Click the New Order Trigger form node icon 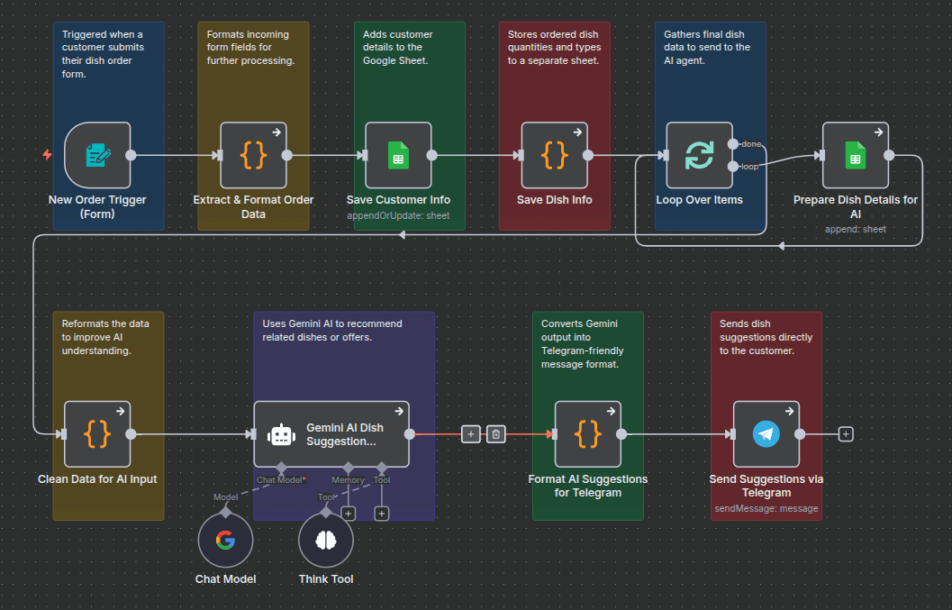point(97,155)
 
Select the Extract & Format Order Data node point(254,155)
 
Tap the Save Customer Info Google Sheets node point(398,155)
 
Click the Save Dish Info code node point(555,155)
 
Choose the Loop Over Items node point(699,155)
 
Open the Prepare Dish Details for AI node point(856,155)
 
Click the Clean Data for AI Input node point(97,433)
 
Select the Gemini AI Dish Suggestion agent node point(331,433)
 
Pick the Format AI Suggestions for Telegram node point(587,433)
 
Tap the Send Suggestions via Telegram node point(766,433)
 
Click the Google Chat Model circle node point(225,541)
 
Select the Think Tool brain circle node point(326,541)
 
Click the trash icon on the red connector point(495,434)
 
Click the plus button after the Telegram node point(845,434)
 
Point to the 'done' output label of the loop point(751,144)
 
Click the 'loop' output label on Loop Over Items point(749,167)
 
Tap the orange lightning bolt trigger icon point(47,155)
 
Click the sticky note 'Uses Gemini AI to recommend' point(332,330)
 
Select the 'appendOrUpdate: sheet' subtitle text point(398,216)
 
